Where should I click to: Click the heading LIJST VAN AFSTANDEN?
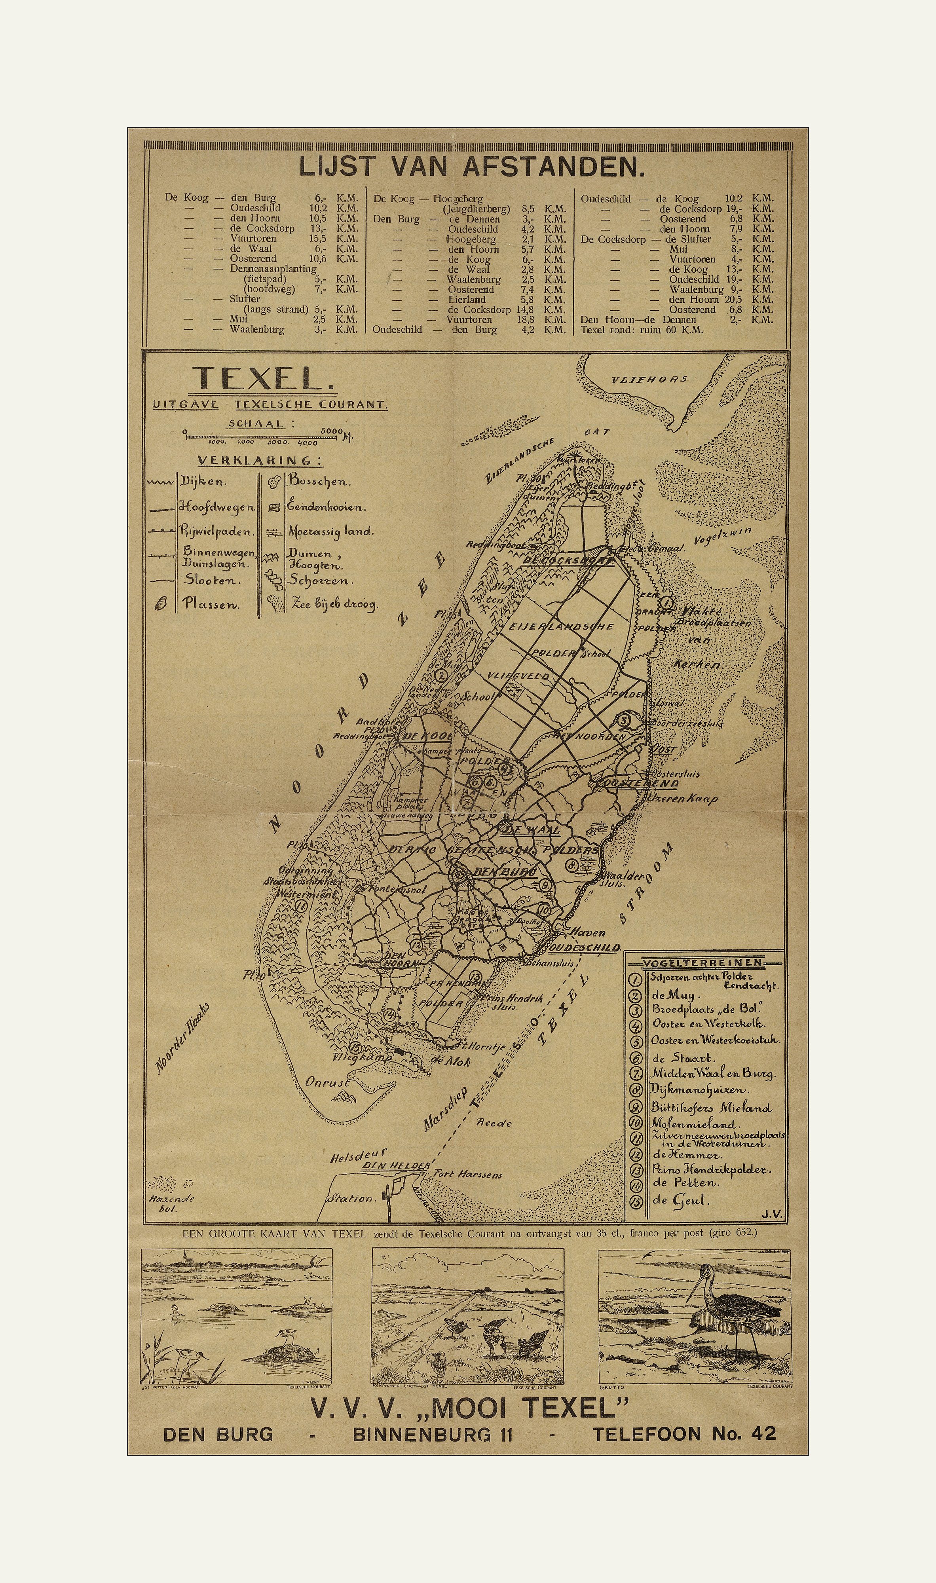coord(472,167)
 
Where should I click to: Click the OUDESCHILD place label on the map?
coord(584,948)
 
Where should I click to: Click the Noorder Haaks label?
coord(182,1038)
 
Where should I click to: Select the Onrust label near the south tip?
coord(327,1082)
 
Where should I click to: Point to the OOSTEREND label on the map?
coord(641,783)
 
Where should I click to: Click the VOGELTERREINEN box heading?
coord(702,963)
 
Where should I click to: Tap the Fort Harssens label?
coord(467,1174)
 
